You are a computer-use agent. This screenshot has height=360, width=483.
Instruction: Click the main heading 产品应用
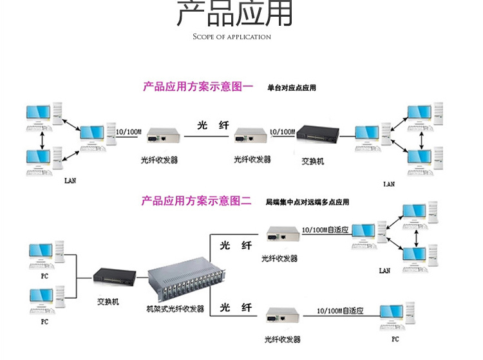coord(234,14)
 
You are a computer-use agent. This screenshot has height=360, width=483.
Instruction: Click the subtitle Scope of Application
coord(232,37)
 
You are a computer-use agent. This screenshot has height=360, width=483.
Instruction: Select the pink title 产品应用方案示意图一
coord(198,86)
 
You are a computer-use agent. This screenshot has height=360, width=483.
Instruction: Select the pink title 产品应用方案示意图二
coord(196,201)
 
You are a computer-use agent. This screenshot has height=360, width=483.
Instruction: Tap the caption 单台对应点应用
coord(292,87)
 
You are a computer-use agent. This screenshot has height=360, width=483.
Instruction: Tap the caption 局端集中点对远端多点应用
coord(307,202)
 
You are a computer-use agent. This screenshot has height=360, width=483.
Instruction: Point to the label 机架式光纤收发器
coord(175,309)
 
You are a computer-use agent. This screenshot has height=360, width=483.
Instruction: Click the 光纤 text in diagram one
coord(213,125)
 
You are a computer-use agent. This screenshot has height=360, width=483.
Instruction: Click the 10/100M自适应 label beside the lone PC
coord(341,310)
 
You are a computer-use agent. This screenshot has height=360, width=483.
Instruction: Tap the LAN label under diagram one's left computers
coord(70,180)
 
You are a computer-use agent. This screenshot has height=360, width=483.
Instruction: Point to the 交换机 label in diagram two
coord(108,301)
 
